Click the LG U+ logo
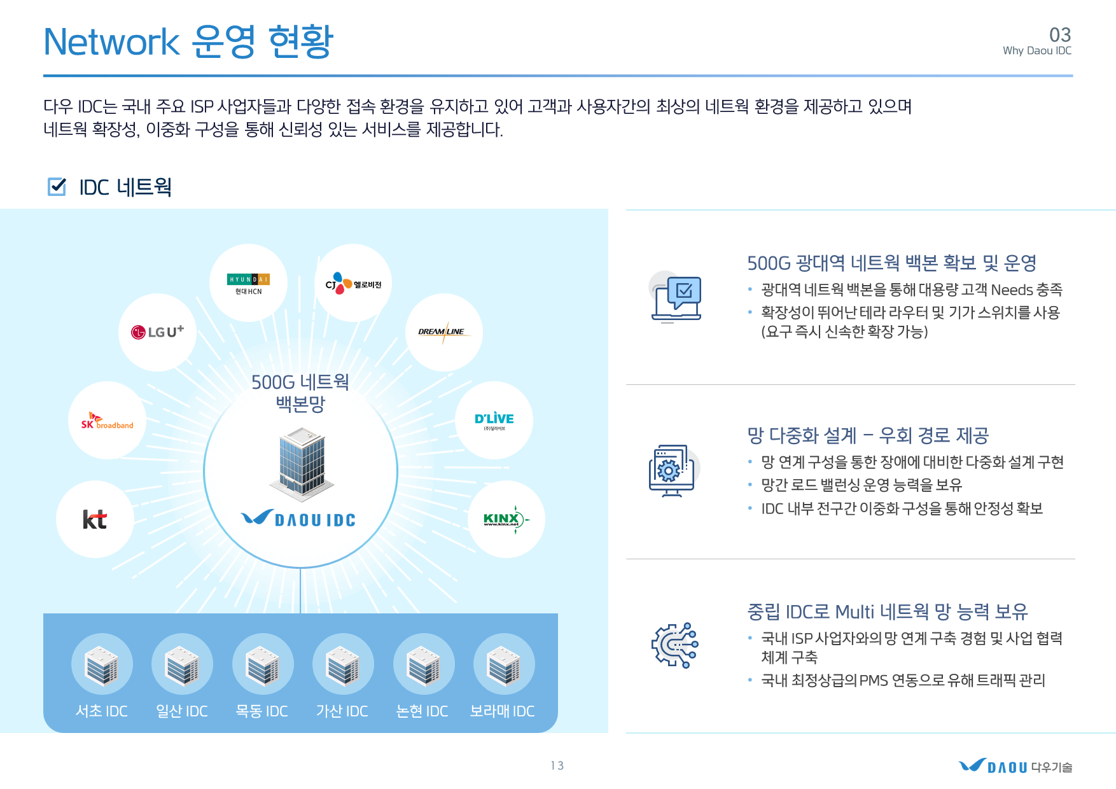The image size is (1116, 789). (x=157, y=332)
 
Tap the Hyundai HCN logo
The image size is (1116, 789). (x=248, y=284)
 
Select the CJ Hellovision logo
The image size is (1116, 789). (x=353, y=283)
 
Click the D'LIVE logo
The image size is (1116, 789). (x=494, y=421)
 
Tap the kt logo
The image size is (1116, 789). (x=95, y=519)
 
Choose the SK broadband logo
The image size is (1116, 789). (x=107, y=421)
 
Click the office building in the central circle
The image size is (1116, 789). (x=301, y=462)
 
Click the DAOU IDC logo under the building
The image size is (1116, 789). (x=298, y=519)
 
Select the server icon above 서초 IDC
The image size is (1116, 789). (x=102, y=664)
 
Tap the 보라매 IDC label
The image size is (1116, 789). (x=502, y=711)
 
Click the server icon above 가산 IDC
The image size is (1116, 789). (x=343, y=664)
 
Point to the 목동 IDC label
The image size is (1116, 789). (x=262, y=711)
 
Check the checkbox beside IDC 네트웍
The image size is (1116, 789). (x=57, y=186)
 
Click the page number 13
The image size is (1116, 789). (x=557, y=765)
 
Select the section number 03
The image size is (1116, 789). (x=1060, y=34)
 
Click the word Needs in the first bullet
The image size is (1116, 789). (x=1012, y=290)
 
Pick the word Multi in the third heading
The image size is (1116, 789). (x=854, y=611)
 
